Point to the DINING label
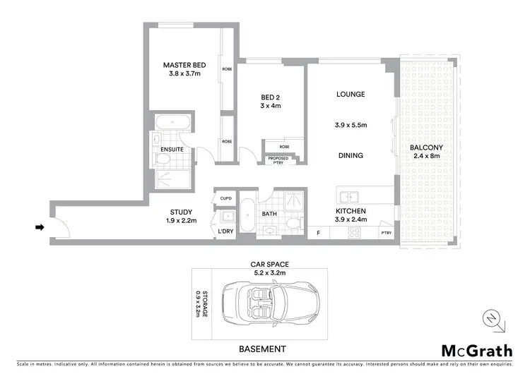(x=351, y=155)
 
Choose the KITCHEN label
(x=351, y=210)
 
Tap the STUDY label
(x=182, y=212)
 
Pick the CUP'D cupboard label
(x=226, y=198)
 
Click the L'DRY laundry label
(x=226, y=231)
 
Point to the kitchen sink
(x=349, y=196)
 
